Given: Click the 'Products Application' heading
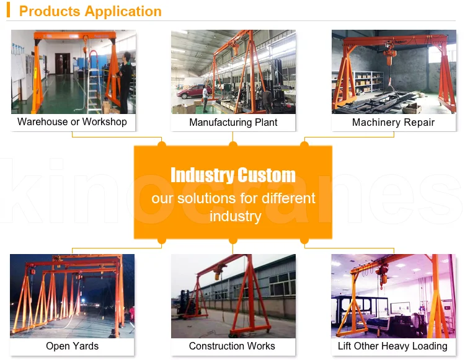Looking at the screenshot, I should tap(91, 11).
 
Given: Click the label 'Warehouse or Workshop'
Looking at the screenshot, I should tap(72, 122).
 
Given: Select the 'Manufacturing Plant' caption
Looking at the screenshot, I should tap(233, 123).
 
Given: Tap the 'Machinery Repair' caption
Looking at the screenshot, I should tap(393, 123).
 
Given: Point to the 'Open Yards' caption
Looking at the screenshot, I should tap(72, 346).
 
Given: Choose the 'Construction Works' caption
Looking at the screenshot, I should tap(232, 346).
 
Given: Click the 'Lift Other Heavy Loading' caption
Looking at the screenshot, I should tap(392, 346).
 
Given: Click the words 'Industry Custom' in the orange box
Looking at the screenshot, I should tap(232, 175).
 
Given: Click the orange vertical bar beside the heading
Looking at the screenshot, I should tap(9, 11).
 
